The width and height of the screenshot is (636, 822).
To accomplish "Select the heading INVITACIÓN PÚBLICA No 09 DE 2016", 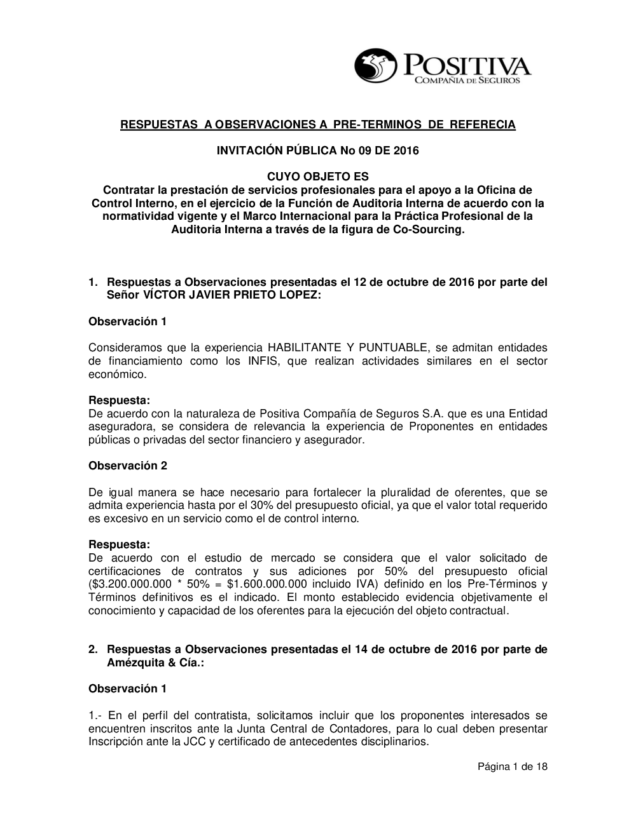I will pyautogui.click(x=318, y=151).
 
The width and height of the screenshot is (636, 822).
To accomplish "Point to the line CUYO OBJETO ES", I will pyautogui.click(x=317, y=177).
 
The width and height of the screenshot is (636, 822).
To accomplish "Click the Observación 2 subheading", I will pyautogui.click(x=128, y=466).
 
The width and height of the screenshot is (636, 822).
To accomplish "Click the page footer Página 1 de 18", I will pyautogui.click(x=513, y=767).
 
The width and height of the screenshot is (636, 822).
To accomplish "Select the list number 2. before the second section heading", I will pyautogui.click(x=93, y=649).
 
